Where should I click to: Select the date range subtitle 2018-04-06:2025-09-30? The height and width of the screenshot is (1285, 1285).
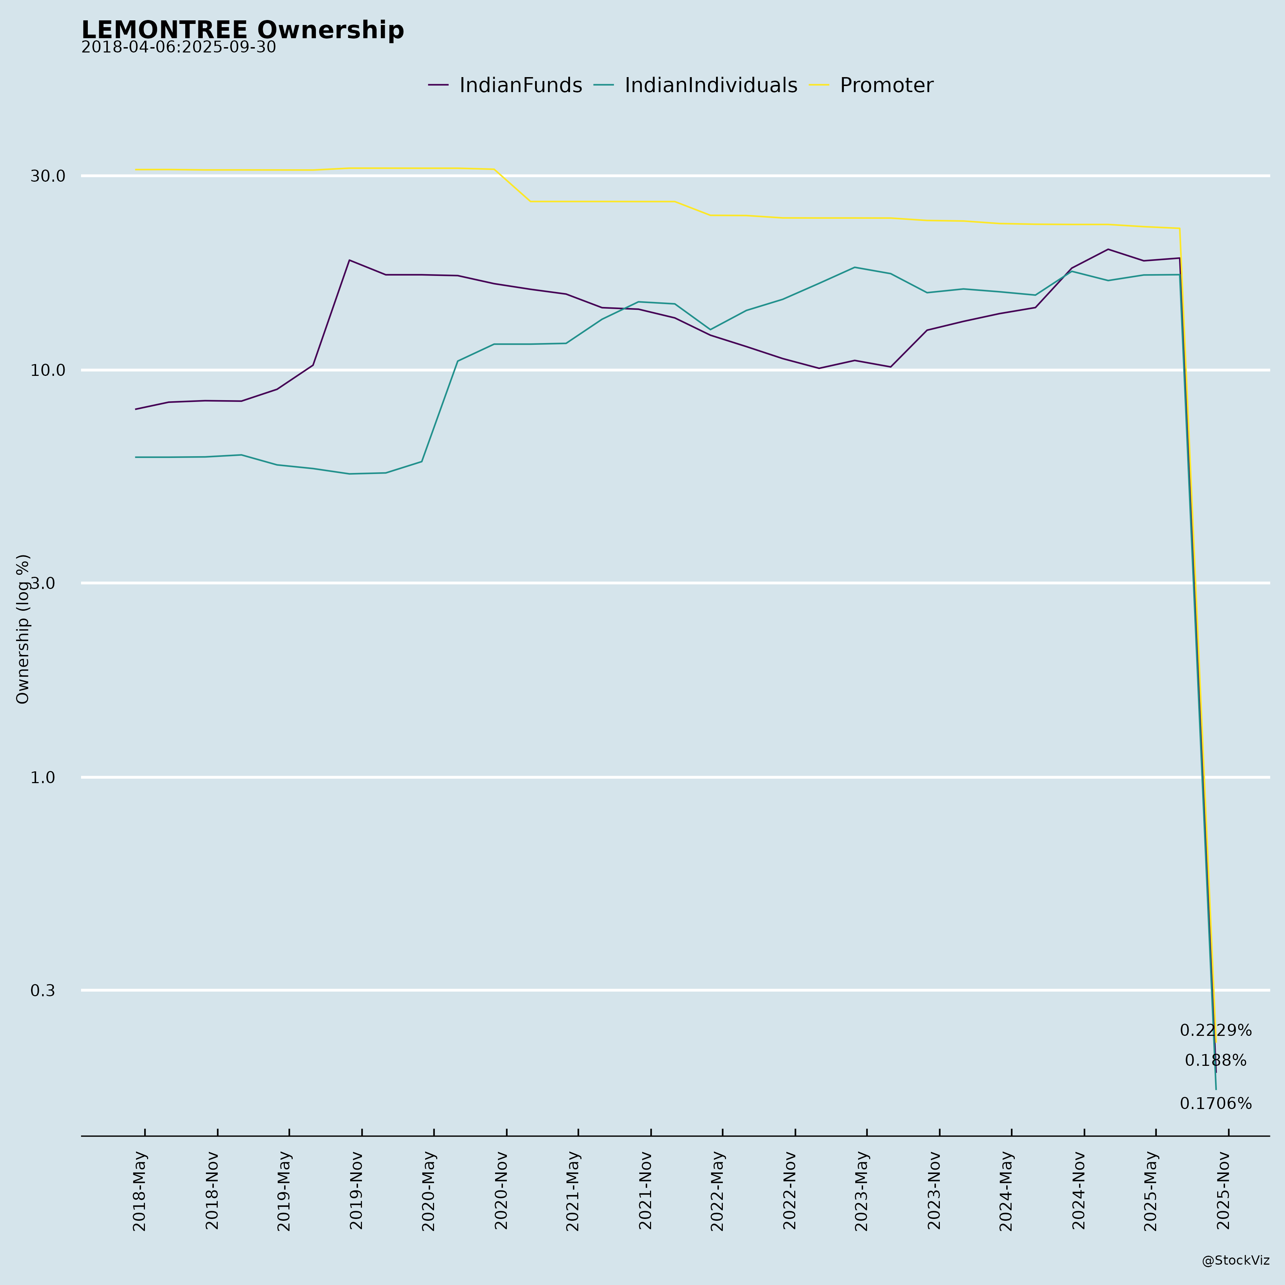click(178, 48)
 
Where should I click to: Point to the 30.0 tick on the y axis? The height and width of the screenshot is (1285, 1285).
click(48, 176)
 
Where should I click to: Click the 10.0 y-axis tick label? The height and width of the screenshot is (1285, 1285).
click(48, 371)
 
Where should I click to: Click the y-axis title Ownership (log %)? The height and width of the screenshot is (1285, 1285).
click(23, 629)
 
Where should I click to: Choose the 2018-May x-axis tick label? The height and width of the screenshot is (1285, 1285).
click(140, 1190)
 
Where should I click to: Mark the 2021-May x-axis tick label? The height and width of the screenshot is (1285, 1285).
click(573, 1190)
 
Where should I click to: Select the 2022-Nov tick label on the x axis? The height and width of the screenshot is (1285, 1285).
click(790, 1190)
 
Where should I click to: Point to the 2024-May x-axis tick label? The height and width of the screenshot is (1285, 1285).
click(1007, 1190)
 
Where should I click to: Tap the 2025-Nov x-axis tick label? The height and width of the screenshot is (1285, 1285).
click(1224, 1190)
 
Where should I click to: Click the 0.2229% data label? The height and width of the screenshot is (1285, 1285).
click(1215, 1031)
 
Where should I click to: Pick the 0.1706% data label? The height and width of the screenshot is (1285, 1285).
click(1215, 1104)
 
